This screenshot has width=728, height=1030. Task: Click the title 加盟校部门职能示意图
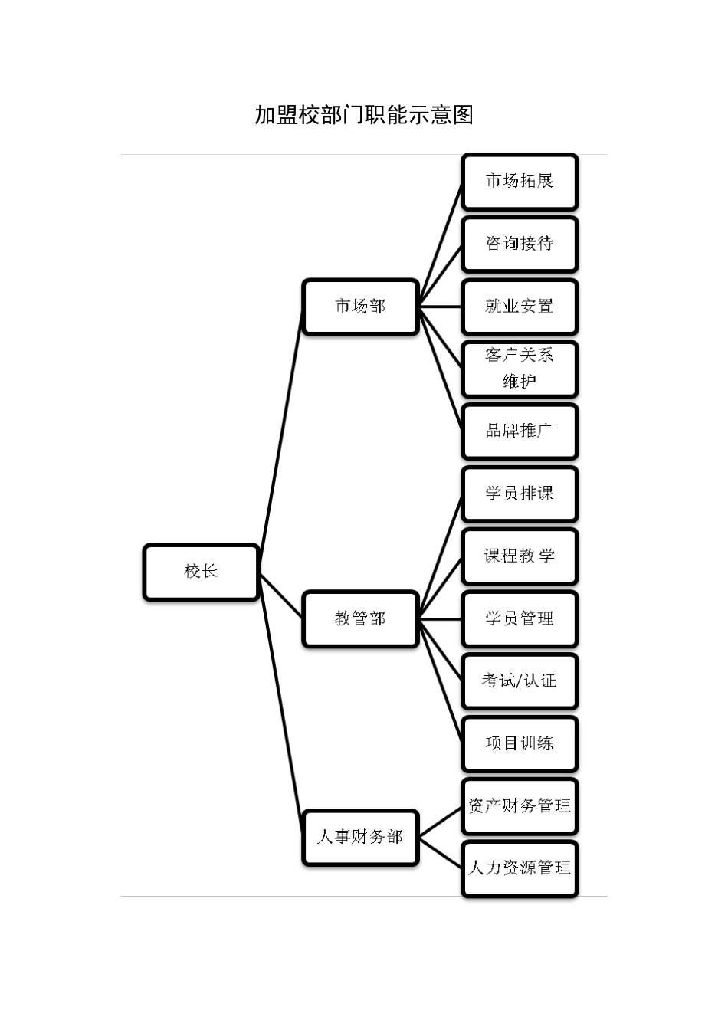pyautogui.click(x=364, y=115)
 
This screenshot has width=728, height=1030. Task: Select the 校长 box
pyautogui.click(x=201, y=572)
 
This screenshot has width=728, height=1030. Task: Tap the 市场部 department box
pyautogui.click(x=360, y=307)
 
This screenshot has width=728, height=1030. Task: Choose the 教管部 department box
pyautogui.click(x=360, y=618)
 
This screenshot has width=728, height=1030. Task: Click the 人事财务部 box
pyautogui.click(x=360, y=837)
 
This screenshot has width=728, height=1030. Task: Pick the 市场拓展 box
pyautogui.click(x=519, y=182)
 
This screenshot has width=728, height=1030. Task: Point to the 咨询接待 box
pyautogui.click(x=519, y=244)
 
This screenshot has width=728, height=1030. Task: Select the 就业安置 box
pyautogui.click(x=519, y=307)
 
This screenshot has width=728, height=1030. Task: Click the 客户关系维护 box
pyautogui.click(x=519, y=369)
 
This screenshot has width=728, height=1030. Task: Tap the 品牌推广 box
pyautogui.click(x=519, y=431)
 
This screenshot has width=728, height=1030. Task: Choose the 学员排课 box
pyautogui.click(x=519, y=494)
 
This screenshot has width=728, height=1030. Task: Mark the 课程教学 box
pyautogui.click(x=519, y=556)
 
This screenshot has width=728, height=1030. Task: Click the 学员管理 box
pyautogui.click(x=519, y=618)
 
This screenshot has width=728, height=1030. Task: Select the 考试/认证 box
pyautogui.click(x=519, y=681)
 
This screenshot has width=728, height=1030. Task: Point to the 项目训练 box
pyautogui.click(x=519, y=743)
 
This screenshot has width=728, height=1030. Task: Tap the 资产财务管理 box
pyautogui.click(x=519, y=806)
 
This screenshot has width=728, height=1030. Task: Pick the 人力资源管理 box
pyautogui.click(x=519, y=868)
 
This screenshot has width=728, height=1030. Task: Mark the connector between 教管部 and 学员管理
pyautogui.click(x=441, y=618)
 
